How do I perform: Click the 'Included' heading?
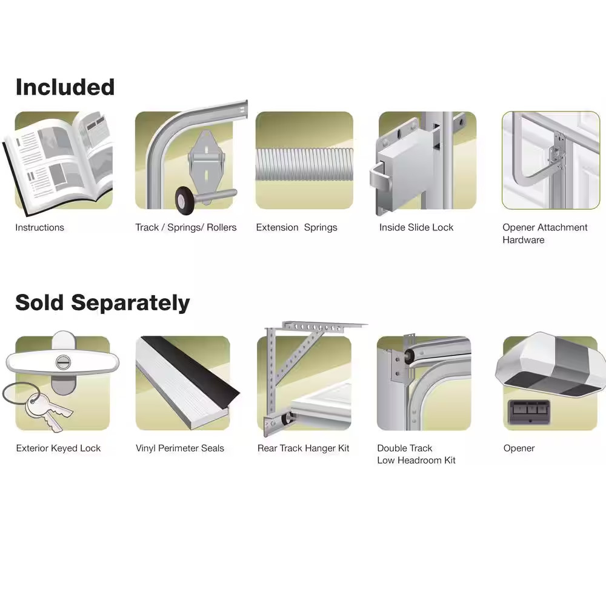click(x=65, y=87)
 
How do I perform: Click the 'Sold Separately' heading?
click(x=102, y=302)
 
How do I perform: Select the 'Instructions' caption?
click(x=39, y=228)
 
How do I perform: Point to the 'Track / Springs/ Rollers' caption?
click(x=186, y=228)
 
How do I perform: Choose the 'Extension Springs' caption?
click(x=296, y=228)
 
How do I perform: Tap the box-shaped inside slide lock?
click(x=402, y=173)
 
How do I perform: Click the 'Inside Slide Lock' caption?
click(x=416, y=228)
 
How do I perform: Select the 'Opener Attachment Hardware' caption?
click(x=544, y=234)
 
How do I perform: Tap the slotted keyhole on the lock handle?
click(x=62, y=362)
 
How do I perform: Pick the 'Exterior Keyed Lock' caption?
click(x=58, y=448)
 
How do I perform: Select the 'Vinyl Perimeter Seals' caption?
click(x=180, y=448)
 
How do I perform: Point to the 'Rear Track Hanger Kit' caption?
click(x=303, y=448)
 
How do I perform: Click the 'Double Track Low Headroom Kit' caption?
click(x=416, y=454)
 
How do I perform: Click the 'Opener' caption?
click(x=519, y=448)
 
